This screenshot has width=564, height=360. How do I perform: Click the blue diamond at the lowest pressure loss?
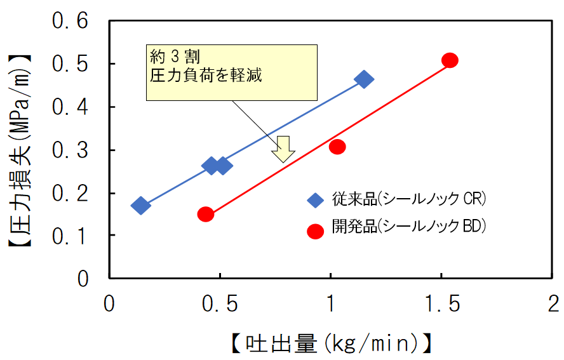pyautogui.click(x=140, y=205)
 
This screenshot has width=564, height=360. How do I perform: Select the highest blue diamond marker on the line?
pyautogui.click(x=364, y=79)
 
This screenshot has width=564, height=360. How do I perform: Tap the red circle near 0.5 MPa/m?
pyautogui.click(x=450, y=60)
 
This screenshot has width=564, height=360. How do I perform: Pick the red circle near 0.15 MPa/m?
pyautogui.click(x=205, y=214)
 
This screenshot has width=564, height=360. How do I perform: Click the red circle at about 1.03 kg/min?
pyautogui.click(x=337, y=147)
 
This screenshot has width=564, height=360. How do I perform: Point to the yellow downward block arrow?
pyautogui.click(x=283, y=149)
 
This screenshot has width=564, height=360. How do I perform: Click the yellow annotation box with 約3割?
pyautogui.click(x=231, y=72)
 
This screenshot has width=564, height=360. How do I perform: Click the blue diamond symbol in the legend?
pyautogui.click(x=315, y=199)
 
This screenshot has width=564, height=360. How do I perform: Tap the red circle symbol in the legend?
pyautogui.click(x=315, y=231)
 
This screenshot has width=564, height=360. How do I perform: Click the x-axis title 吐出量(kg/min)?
pyautogui.click(x=331, y=343)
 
